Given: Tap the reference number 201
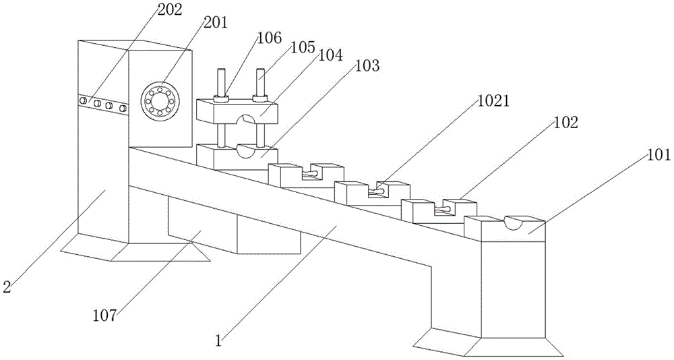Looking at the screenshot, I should coord(215,22).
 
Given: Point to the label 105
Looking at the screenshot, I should coord(302,48).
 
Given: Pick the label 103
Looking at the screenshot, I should coord(367,66).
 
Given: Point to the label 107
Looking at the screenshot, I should coord(105,313).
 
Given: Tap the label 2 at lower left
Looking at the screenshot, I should coord(7,287).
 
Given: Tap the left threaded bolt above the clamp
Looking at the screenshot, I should coord(220,82).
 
